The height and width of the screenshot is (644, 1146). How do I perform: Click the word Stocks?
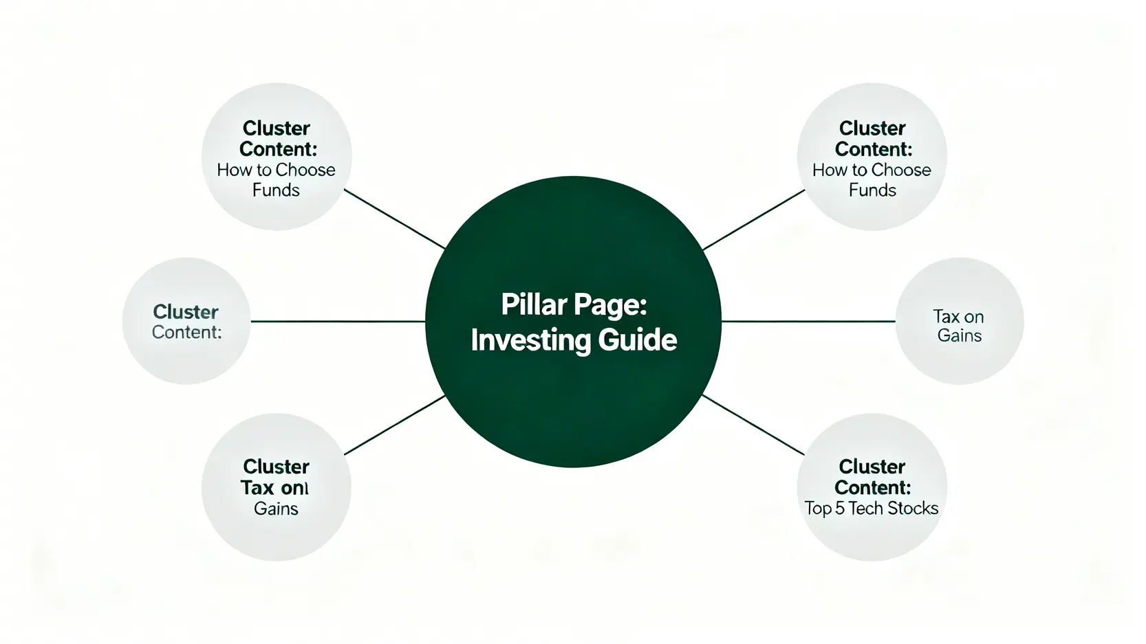pyautogui.click(x=912, y=509)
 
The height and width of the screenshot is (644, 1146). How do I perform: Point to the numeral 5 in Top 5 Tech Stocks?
pyautogui.click(x=839, y=509)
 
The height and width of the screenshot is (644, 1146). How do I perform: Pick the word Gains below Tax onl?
pyautogui.click(x=276, y=509)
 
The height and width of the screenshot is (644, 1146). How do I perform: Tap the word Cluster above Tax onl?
pyautogui.click(x=276, y=467)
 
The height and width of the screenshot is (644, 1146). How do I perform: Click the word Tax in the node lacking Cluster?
pyautogui.click(x=946, y=317)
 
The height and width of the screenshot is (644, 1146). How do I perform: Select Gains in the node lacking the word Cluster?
pyautogui.click(x=960, y=336)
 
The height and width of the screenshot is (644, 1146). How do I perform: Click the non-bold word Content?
pyautogui.click(x=186, y=333)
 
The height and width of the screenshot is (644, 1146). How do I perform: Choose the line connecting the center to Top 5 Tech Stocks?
pyautogui.click(x=753, y=424)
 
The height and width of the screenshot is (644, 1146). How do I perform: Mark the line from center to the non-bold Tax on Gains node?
pyautogui.click(x=808, y=321)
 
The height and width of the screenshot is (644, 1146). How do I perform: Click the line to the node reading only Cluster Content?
pyautogui.click(x=337, y=321)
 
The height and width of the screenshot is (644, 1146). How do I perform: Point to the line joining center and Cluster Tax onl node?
pyautogui.click(x=394, y=425)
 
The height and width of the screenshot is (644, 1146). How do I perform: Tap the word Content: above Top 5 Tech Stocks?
pyautogui.click(x=872, y=488)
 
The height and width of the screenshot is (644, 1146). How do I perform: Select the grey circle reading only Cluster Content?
pyautogui.click(x=186, y=357)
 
